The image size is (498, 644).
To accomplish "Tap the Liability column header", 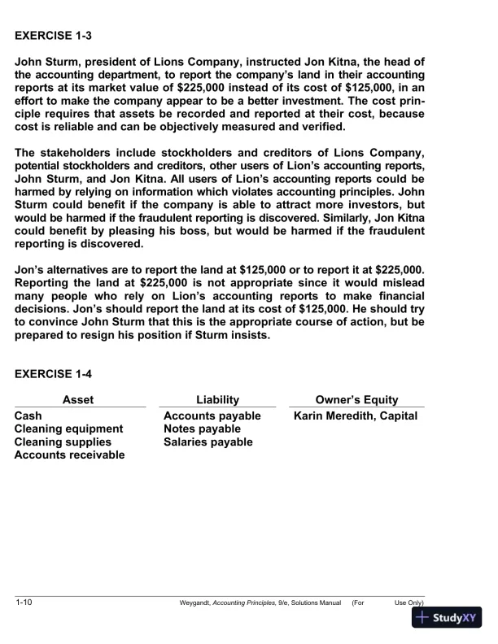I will [x=218, y=399].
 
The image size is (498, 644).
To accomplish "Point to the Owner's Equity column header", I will [x=356, y=399].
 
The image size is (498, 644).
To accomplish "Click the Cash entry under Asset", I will [x=29, y=416].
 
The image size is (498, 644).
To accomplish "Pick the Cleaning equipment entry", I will [x=69, y=429].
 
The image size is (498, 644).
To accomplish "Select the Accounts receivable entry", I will [x=70, y=455].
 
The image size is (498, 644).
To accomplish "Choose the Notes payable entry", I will [x=203, y=429].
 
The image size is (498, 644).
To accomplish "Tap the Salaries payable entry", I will [x=208, y=442].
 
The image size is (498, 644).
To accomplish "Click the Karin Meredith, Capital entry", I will [x=356, y=416].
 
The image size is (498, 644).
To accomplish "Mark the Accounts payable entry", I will [x=212, y=416].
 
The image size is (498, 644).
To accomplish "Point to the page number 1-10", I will [x=24, y=603].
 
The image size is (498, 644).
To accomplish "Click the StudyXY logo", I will [x=447, y=618].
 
